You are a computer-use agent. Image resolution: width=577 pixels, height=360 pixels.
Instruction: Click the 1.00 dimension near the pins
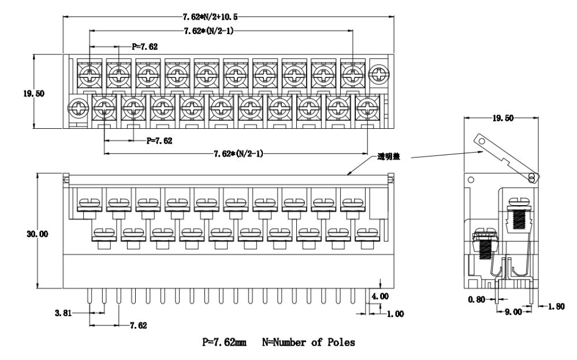pos(395,314)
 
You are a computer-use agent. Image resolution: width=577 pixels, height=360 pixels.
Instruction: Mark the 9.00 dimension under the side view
pos(513,311)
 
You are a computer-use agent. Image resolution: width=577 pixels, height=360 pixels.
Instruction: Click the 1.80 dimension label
pos(556,307)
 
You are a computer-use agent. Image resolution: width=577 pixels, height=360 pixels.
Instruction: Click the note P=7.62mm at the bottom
pos(224,343)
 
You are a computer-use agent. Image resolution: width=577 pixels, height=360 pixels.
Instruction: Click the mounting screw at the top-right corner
pos(378,74)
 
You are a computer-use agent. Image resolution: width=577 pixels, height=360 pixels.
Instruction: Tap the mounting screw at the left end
pos(76,107)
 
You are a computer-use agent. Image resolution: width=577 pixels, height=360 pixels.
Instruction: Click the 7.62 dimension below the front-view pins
pos(137,325)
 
